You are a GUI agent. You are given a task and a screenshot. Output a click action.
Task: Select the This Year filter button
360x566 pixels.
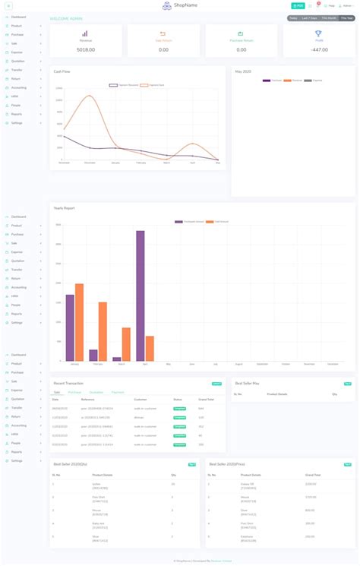point(346,17)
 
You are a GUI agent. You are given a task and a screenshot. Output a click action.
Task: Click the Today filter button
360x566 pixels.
point(293,17)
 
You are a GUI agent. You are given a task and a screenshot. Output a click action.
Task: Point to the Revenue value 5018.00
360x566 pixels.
point(85,49)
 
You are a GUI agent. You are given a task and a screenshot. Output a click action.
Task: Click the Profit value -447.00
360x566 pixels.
point(318,49)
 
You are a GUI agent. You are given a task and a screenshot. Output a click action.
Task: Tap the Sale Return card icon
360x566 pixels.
point(163,33)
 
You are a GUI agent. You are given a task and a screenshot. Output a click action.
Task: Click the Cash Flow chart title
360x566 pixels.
point(62,71)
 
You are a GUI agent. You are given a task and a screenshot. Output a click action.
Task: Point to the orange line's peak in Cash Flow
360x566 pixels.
point(90,96)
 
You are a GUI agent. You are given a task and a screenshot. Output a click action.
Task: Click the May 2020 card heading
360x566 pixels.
point(243,71)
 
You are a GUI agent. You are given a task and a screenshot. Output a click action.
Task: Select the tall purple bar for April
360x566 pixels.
point(141,296)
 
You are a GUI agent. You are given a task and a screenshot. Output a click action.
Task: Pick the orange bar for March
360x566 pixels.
point(126,344)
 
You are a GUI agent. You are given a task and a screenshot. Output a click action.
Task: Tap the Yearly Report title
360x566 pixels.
point(64,208)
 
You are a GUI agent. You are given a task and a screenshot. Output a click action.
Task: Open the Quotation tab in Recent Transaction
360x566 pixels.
point(96,392)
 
